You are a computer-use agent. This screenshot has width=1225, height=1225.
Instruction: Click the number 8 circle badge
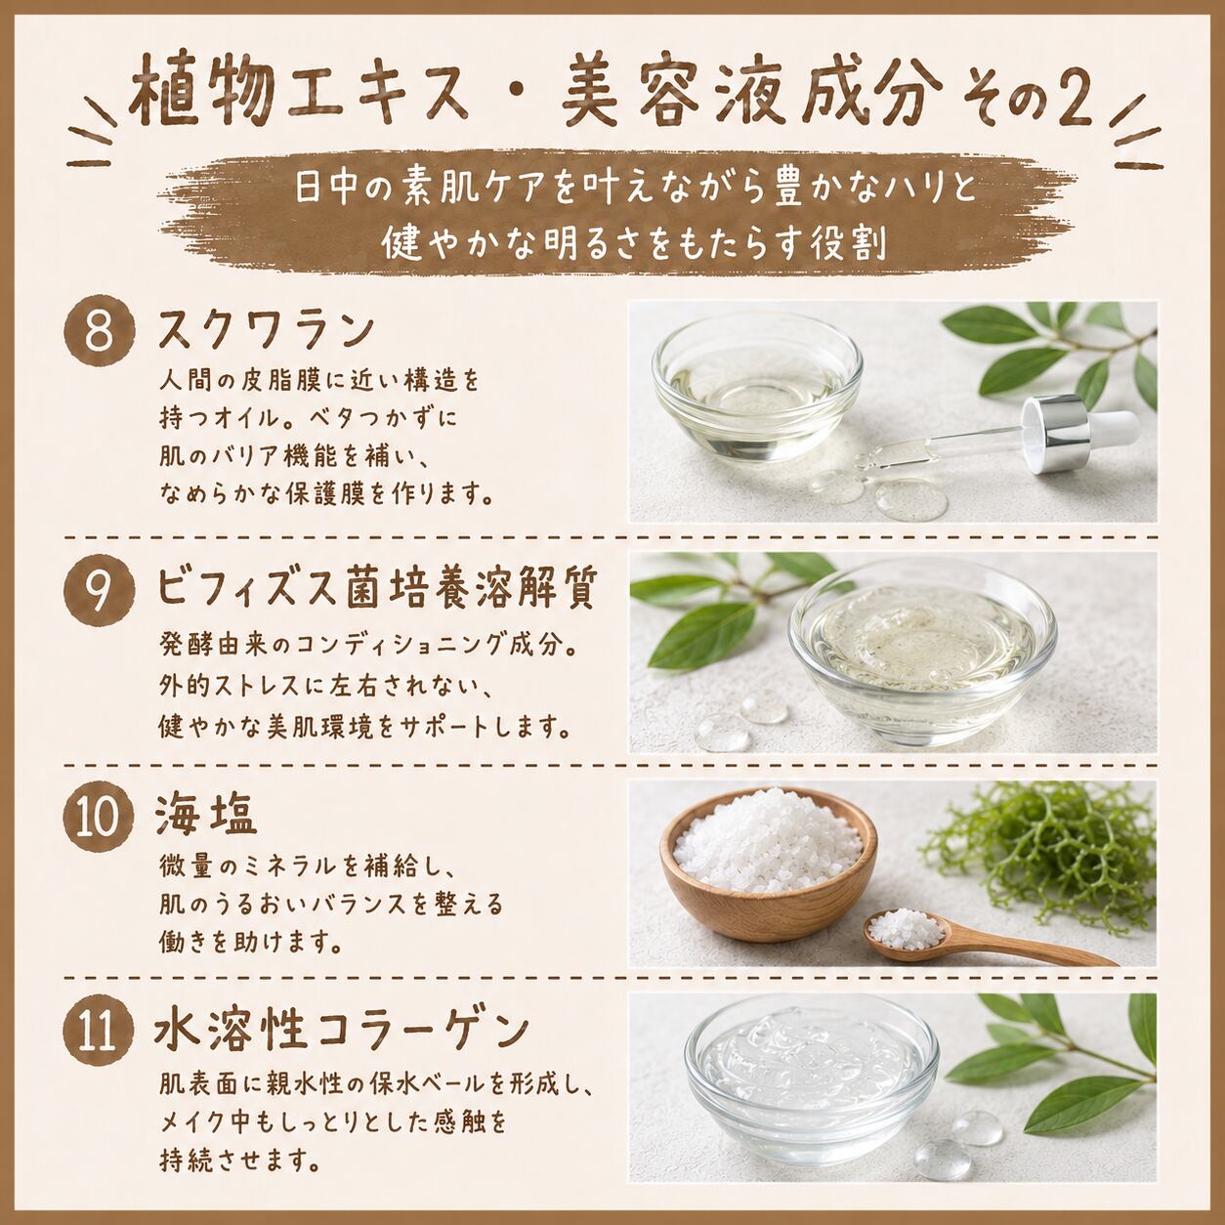click(x=100, y=331)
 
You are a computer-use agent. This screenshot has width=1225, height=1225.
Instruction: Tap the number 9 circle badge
click(x=100, y=590)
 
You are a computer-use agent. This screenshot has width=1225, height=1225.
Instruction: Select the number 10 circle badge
click(x=100, y=816)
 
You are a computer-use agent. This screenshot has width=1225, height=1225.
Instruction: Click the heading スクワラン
click(x=265, y=330)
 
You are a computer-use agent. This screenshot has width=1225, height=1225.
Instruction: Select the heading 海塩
click(x=206, y=815)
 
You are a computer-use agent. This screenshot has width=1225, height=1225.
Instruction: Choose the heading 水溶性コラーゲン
click(x=342, y=1032)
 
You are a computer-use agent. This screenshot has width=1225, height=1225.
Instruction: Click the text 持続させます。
click(x=238, y=1161)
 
